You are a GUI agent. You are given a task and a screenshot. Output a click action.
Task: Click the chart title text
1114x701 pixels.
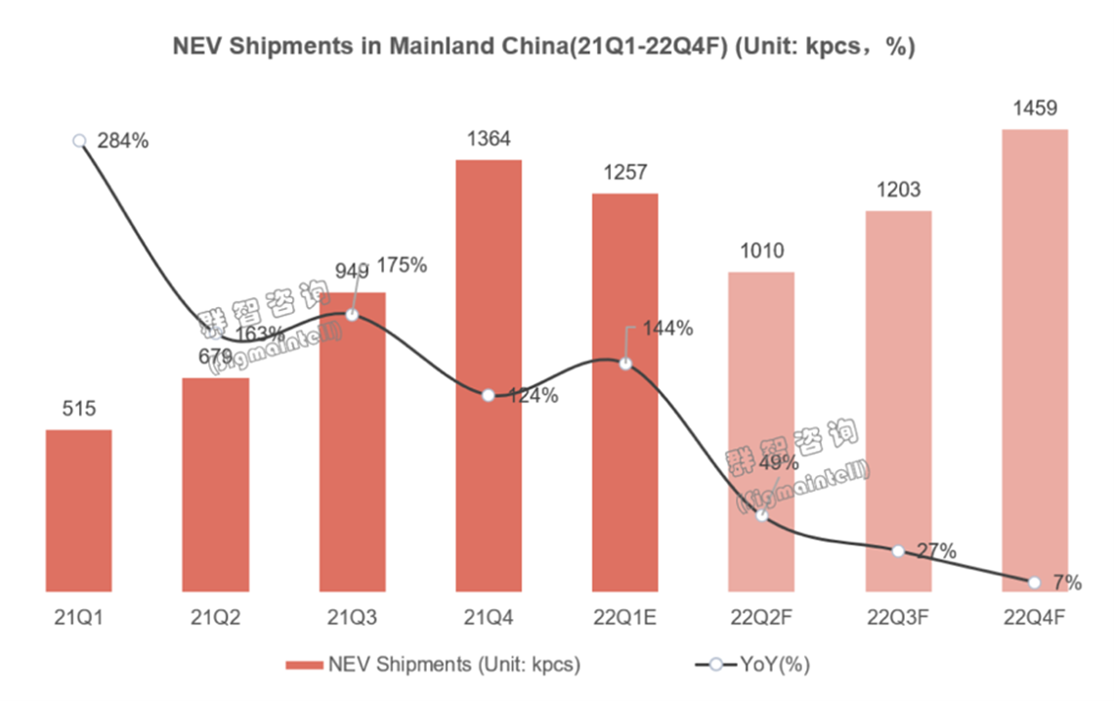(543, 47)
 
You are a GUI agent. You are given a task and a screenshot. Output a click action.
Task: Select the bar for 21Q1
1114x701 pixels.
(78, 510)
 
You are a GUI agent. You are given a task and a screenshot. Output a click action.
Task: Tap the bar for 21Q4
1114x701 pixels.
(489, 376)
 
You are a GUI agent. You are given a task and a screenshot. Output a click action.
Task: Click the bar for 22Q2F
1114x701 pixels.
(761, 431)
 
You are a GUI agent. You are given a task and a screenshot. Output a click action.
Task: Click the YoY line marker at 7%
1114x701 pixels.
(1035, 583)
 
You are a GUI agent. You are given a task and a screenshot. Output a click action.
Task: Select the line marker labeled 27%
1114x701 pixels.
(898, 550)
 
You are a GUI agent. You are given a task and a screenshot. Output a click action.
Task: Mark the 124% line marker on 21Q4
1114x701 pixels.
(489, 396)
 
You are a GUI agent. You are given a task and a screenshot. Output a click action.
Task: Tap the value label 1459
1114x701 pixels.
(1035, 108)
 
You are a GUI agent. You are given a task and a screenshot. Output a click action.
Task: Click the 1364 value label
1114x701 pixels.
(489, 139)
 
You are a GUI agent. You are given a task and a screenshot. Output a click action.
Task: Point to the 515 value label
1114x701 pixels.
(78, 409)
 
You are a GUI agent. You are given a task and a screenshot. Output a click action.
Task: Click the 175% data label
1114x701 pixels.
(403, 265)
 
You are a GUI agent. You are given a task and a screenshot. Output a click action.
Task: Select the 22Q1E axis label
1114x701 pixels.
(624, 618)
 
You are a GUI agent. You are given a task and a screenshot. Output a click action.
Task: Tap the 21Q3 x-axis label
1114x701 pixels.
(352, 618)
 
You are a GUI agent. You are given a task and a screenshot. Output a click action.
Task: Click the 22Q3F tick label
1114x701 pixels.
(898, 618)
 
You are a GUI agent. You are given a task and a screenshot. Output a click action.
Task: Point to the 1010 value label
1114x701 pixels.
(761, 250)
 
